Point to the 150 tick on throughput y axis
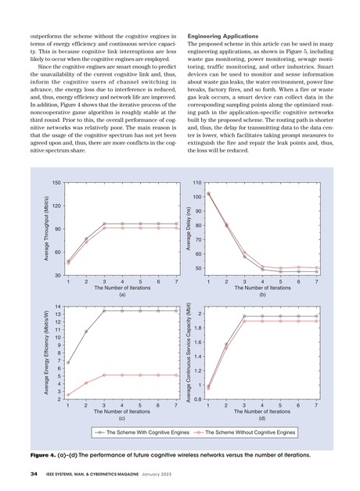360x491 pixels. [56, 183]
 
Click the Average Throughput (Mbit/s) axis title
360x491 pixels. [46, 228]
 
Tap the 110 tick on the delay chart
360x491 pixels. [198, 181]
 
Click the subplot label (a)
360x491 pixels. [122, 295]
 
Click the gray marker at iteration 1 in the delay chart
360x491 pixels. [208, 193]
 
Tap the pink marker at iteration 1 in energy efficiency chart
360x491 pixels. [68, 395]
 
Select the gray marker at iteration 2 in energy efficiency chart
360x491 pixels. [86, 332]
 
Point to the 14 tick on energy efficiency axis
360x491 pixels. [58, 306]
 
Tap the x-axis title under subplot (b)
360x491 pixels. [261, 288]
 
